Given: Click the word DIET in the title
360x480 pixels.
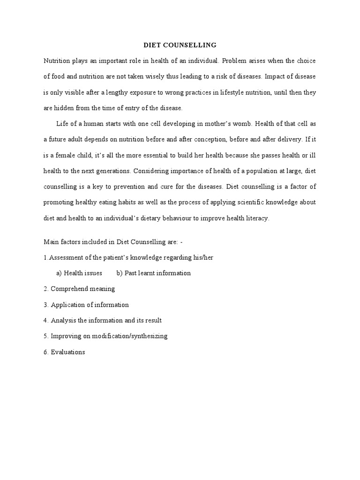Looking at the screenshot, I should (151, 45).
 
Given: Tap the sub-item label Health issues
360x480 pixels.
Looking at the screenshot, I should (82, 273).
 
